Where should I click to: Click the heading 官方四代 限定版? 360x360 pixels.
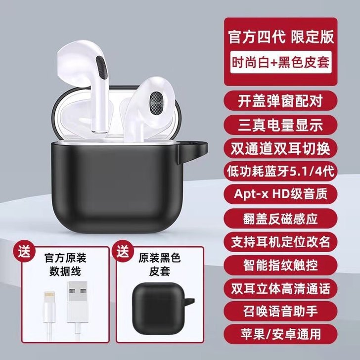[x=281, y=37]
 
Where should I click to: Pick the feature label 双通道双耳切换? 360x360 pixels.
[x=281, y=148]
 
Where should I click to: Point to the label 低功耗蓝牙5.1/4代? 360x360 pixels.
[x=281, y=171]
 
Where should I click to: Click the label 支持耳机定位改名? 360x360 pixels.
[x=281, y=241]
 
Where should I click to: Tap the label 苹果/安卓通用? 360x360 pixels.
[x=281, y=334]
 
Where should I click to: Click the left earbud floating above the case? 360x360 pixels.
[x=87, y=74]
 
